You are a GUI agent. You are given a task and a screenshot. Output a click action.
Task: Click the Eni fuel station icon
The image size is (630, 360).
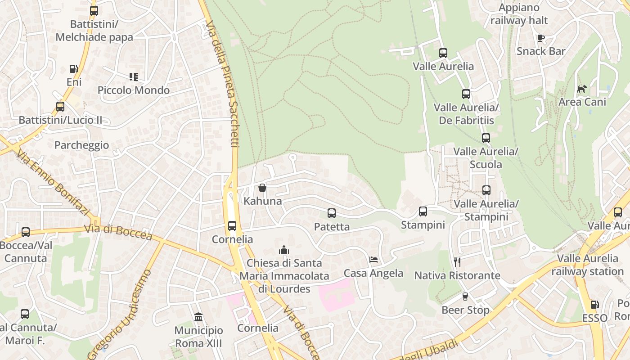click(x=73, y=69)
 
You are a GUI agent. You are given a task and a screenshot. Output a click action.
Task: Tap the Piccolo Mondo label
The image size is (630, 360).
click(x=134, y=90)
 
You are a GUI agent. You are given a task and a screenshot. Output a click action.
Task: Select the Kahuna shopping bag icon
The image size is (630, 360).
click(x=262, y=188)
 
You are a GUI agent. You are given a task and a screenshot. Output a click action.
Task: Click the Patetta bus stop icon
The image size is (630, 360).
click(x=332, y=213)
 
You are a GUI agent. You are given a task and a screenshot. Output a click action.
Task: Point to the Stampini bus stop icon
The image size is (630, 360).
click(x=423, y=211)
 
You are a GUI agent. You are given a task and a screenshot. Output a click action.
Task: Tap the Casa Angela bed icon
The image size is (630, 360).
click(x=373, y=260)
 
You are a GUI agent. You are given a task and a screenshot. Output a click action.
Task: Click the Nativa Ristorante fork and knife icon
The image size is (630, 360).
click(x=457, y=262)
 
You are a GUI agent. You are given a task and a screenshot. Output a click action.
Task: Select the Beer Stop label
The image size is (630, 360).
click(x=465, y=310)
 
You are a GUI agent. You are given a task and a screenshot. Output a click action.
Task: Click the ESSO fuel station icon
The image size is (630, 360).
click(x=594, y=305)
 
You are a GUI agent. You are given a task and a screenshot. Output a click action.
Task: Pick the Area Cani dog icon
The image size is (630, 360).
click(x=582, y=89)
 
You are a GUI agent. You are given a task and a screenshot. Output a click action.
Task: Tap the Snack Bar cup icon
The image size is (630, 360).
click(x=541, y=38)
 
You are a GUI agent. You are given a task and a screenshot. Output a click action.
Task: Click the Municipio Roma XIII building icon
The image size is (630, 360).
click(x=198, y=317)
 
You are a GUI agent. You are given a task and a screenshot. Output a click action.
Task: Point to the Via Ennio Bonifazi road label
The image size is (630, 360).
click(x=54, y=183)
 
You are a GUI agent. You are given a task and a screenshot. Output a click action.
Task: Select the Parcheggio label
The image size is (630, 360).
click(x=81, y=145)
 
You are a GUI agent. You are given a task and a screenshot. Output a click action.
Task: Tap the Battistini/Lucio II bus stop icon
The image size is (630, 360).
click(x=60, y=107)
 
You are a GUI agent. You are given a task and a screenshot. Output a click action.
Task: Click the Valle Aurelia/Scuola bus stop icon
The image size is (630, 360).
click(x=486, y=138)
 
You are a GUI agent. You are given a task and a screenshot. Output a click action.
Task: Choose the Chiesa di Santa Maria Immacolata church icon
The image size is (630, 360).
click(x=284, y=249)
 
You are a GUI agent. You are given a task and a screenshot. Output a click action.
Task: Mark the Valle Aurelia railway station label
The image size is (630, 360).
click(x=588, y=265)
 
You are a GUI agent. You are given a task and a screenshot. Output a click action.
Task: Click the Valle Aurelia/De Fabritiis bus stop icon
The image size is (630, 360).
click(x=466, y=94)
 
